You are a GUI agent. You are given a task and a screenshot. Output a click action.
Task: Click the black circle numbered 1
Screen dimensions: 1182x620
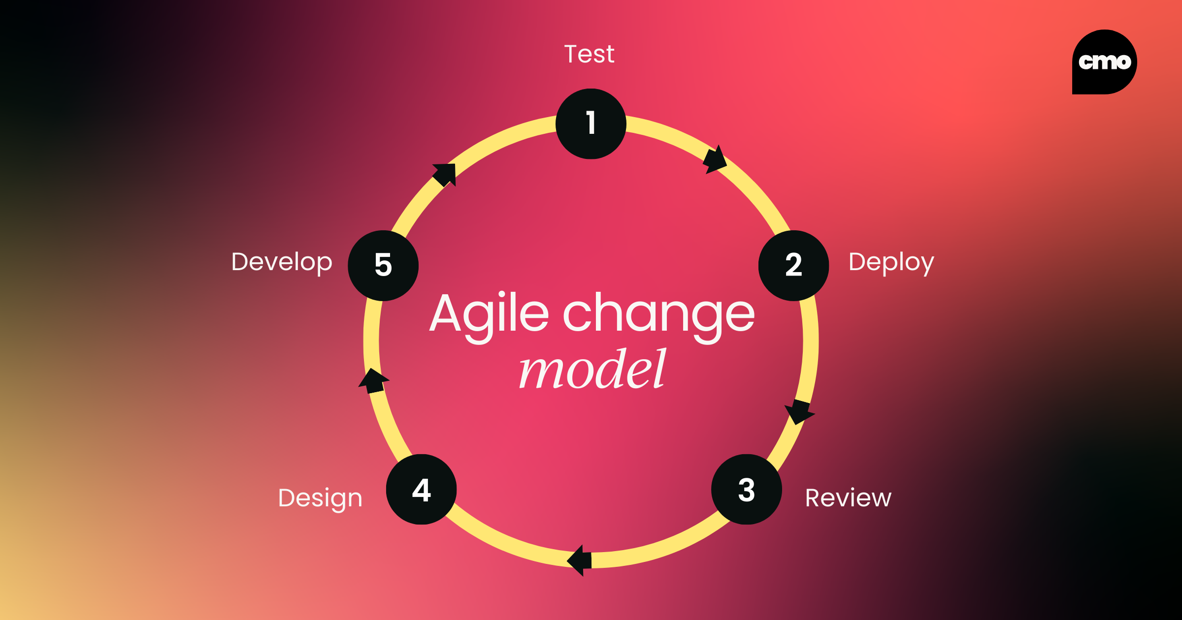(591, 124)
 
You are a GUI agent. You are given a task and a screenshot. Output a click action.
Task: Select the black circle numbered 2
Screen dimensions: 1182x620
(793, 265)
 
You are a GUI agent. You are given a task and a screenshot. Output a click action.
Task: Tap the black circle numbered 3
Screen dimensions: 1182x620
(747, 489)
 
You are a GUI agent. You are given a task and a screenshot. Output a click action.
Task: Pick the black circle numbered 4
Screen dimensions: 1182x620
(422, 489)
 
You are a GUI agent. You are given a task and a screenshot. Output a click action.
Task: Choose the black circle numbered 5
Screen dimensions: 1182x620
(383, 265)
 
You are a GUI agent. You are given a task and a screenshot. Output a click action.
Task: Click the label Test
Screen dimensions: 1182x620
(589, 54)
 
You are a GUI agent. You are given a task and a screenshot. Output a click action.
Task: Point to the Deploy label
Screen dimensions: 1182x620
(891, 263)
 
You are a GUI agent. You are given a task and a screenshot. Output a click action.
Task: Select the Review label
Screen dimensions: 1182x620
(848, 498)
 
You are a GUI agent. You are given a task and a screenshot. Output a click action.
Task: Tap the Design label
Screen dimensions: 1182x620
(320, 499)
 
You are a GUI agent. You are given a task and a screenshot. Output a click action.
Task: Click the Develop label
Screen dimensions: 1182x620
(282, 263)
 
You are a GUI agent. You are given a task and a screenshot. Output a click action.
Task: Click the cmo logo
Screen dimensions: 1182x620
(1105, 62)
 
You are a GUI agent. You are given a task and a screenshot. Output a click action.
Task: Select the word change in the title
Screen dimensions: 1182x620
(659, 317)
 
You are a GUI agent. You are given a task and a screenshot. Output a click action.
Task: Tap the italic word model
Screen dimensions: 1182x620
(592, 369)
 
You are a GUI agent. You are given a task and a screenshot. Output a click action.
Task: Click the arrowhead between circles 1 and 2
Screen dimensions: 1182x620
(715, 160)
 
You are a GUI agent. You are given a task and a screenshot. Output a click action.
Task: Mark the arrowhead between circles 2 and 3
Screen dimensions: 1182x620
(799, 411)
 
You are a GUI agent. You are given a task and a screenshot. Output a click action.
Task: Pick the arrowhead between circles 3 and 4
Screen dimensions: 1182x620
(580, 560)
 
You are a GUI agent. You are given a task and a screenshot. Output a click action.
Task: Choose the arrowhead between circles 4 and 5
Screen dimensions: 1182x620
(373, 381)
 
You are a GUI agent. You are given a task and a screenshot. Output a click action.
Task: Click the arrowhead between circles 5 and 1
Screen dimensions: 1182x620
(445, 175)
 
